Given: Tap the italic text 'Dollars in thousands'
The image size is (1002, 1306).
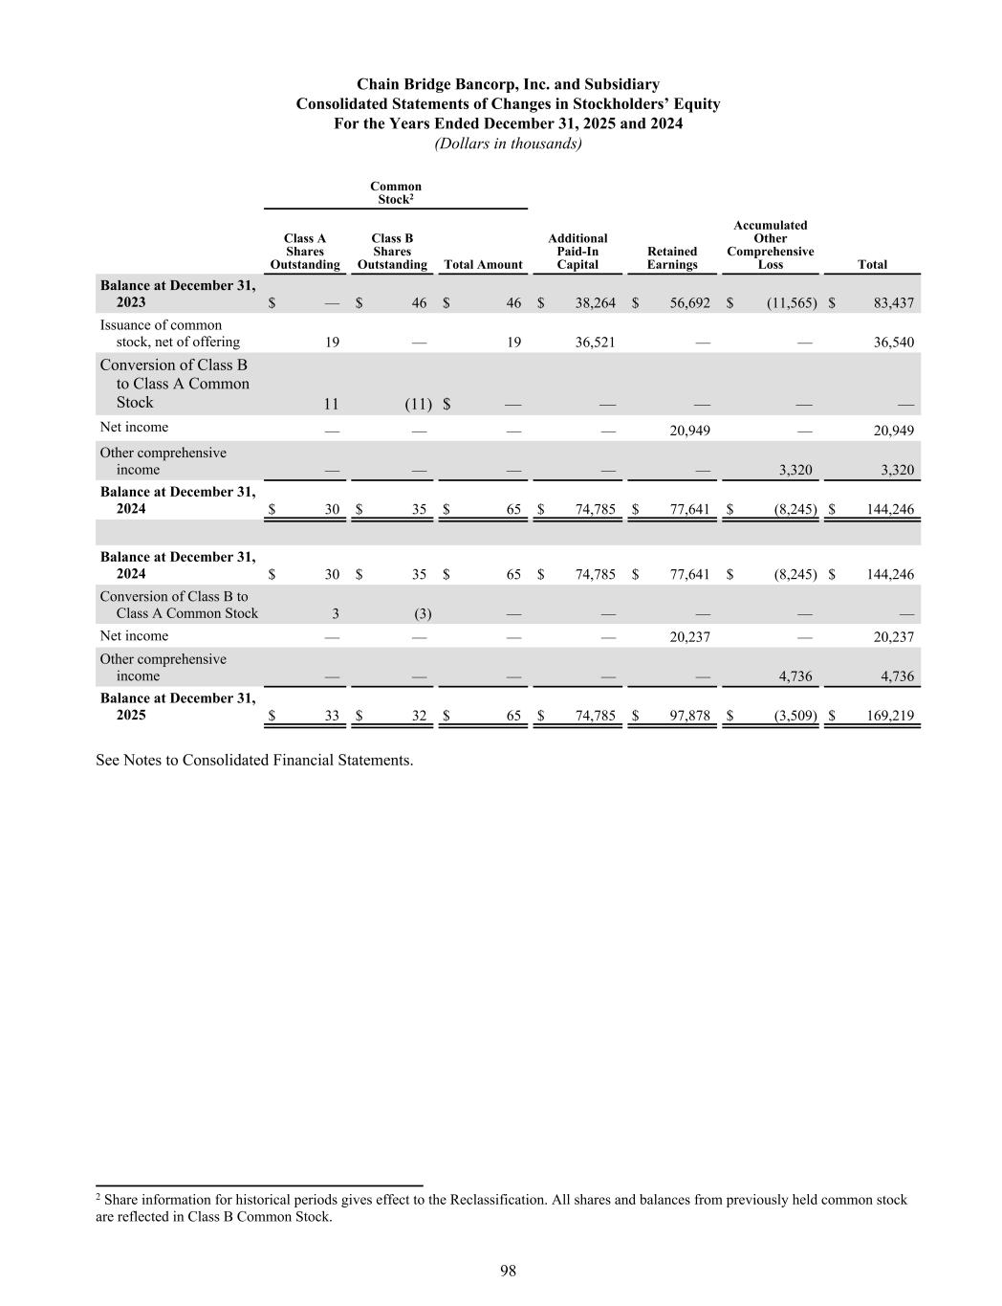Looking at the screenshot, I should point(508,144).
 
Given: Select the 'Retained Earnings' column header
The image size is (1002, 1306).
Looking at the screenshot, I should point(672,257).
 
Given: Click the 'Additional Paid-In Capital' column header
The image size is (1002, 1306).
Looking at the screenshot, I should point(577,251).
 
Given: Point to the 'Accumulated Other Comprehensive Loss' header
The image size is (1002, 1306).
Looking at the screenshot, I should point(770,245).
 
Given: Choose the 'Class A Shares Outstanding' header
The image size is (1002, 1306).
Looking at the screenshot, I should point(305,251).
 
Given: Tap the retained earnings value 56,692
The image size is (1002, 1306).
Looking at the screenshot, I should point(689,303).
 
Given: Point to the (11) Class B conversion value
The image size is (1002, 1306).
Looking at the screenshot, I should point(418,405).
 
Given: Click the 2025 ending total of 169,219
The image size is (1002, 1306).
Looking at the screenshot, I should point(890,716).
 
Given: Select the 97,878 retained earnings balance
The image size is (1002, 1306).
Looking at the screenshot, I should point(689,716).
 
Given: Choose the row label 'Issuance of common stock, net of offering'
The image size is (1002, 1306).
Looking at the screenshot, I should point(169,334).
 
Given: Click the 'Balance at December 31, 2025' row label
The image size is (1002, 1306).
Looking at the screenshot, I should point(178,707).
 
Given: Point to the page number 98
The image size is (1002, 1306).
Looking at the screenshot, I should point(508,1271).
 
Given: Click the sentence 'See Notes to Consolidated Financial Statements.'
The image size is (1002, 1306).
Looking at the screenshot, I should point(254,761).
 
